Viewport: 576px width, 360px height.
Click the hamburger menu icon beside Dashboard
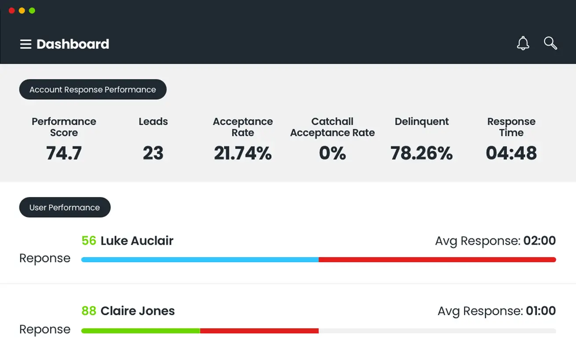(x=26, y=44)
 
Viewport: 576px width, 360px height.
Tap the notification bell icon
(x=523, y=43)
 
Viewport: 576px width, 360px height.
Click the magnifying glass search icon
(x=550, y=43)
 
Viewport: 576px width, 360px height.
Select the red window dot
(x=11, y=11)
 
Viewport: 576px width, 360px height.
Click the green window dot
(x=32, y=11)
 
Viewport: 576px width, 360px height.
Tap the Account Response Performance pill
(x=93, y=90)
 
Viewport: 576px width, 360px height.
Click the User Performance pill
(x=65, y=207)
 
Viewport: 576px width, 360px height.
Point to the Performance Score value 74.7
(x=64, y=153)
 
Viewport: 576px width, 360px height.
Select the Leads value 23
(x=153, y=153)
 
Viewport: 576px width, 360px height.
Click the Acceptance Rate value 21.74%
(x=243, y=153)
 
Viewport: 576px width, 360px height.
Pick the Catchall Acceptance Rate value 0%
(x=332, y=153)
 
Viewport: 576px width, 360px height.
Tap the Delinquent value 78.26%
(x=422, y=153)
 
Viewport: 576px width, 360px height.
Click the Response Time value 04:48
(x=511, y=153)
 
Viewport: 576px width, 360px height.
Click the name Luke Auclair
(x=137, y=241)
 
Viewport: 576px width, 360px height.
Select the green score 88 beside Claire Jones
(x=89, y=311)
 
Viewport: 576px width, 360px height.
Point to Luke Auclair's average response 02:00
(x=540, y=241)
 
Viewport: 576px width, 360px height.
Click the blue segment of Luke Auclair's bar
(x=200, y=260)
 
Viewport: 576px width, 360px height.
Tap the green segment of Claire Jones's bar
(x=141, y=331)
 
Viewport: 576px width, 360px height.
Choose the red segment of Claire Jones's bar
(x=259, y=331)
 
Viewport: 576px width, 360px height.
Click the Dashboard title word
(x=73, y=44)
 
